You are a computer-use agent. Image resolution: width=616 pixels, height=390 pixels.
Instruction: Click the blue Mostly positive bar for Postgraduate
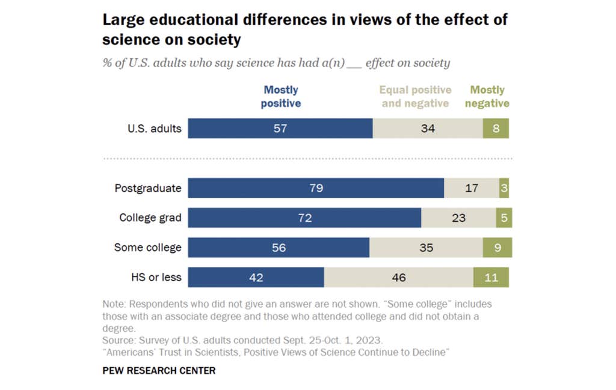316,188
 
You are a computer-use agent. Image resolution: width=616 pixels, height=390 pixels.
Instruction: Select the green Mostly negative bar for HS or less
491,277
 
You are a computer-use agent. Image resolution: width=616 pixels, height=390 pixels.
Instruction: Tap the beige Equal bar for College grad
458,218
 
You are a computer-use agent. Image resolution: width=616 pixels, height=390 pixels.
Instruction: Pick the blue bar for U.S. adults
280,128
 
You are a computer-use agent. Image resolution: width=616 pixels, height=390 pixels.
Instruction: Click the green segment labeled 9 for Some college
497,247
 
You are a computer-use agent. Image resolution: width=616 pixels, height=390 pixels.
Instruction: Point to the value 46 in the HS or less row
398,277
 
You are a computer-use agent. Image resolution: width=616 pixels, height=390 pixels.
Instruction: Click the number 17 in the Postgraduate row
472,188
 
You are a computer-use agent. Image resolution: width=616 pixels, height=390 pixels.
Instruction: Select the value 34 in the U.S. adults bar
428,128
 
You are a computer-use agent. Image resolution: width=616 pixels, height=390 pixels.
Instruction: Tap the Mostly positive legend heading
282,96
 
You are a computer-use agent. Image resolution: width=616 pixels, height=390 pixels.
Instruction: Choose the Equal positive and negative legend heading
415,96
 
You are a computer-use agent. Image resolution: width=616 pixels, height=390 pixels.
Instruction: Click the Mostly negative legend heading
487,96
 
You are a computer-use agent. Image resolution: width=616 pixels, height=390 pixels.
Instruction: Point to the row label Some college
147,247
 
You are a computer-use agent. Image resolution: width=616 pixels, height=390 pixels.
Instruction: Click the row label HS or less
156,277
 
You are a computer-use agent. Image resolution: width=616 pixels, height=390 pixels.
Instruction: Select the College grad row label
150,218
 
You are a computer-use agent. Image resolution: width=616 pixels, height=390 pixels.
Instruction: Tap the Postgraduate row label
147,188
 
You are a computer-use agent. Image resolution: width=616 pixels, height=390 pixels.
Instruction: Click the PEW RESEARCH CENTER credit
159,370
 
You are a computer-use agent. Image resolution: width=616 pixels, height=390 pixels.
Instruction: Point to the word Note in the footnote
113,305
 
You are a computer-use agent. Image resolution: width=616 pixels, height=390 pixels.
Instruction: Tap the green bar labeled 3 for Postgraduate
504,188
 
